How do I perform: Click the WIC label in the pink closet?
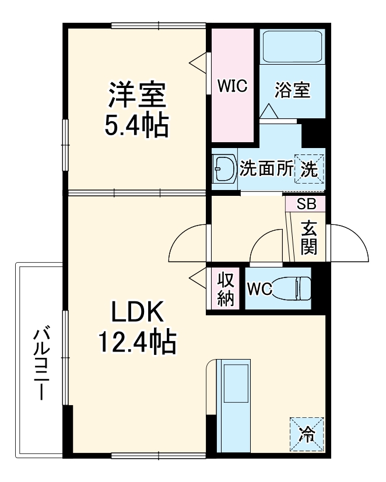(233, 86)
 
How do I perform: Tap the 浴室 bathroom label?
(292, 90)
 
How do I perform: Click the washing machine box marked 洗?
(310, 169)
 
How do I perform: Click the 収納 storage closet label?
(226, 289)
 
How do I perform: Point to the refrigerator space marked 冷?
(306, 433)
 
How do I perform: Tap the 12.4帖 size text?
(136, 343)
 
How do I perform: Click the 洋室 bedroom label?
(136, 95)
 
